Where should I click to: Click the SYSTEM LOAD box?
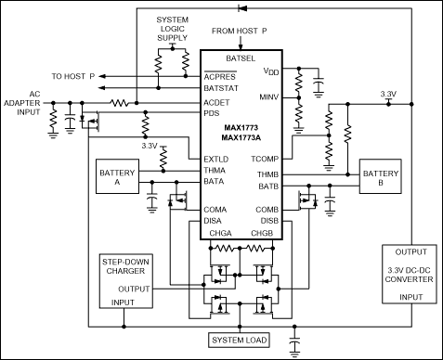click(x=241, y=340)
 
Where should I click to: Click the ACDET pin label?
click(x=217, y=102)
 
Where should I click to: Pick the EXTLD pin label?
click(x=216, y=159)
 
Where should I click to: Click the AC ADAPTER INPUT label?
click(x=24, y=106)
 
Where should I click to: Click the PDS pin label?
click(x=212, y=114)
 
